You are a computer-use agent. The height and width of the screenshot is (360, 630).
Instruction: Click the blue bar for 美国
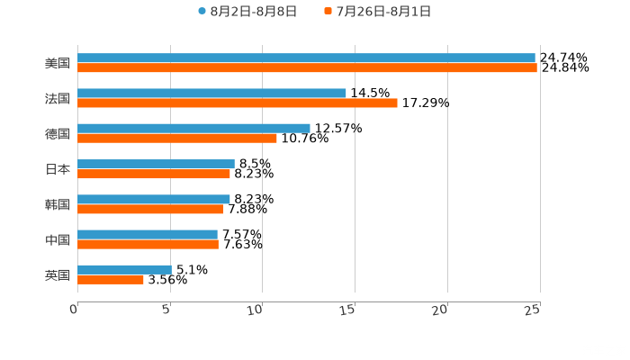click(x=306, y=58)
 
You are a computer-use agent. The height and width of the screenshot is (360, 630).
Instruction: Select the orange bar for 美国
click(x=307, y=67)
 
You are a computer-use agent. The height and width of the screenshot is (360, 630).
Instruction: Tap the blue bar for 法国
click(x=211, y=93)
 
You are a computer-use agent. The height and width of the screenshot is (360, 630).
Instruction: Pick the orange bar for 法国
click(x=238, y=103)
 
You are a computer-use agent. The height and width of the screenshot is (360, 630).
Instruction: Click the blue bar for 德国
click(x=193, y=128)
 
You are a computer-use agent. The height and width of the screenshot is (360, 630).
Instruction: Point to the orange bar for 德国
click(x=177, y=138)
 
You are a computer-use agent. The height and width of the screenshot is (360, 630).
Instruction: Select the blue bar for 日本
click(x=156, y=164)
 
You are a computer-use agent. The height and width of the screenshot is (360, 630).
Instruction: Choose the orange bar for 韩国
click(x=150, y=209)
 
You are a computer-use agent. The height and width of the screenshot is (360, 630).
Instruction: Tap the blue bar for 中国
click(x=148, y=234)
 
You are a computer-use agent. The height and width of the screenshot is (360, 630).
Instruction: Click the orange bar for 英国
click(x=111, y=279)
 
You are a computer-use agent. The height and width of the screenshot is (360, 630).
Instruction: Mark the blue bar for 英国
click(x=124, y=269)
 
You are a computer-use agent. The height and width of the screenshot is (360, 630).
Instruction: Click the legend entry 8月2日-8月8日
click(x=247, y=12)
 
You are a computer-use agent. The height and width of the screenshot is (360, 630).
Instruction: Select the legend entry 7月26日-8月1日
click(x=378, y=12)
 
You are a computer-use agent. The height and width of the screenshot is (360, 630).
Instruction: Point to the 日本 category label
click(x=58, y=169)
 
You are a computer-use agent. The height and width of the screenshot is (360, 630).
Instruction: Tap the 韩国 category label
click(x=58, y=204)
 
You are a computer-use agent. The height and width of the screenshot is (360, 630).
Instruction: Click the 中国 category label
click(x=58, y=239)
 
